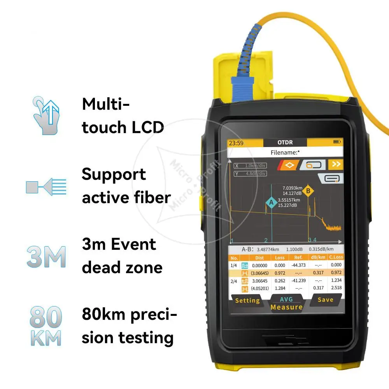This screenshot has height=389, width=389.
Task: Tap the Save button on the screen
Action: pyautogui.click(x=325, y=300)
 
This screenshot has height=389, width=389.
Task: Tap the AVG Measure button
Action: pyautogui.click(x=286, y=303)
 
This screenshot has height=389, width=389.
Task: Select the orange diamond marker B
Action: pyautogui.click(x=308, y=191)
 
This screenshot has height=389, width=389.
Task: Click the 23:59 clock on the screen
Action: pyautogui.click(x=236, y=143)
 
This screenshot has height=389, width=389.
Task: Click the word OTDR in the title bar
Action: pyautogui.click(x=285, y=143)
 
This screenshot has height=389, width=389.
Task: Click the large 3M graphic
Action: pyautogui.click(x=46, y=257)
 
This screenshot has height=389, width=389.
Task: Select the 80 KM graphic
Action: pyautogui.click(x=46, y=326)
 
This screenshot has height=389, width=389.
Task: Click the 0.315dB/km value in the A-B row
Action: pyautogui.click(x=321, y=249)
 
